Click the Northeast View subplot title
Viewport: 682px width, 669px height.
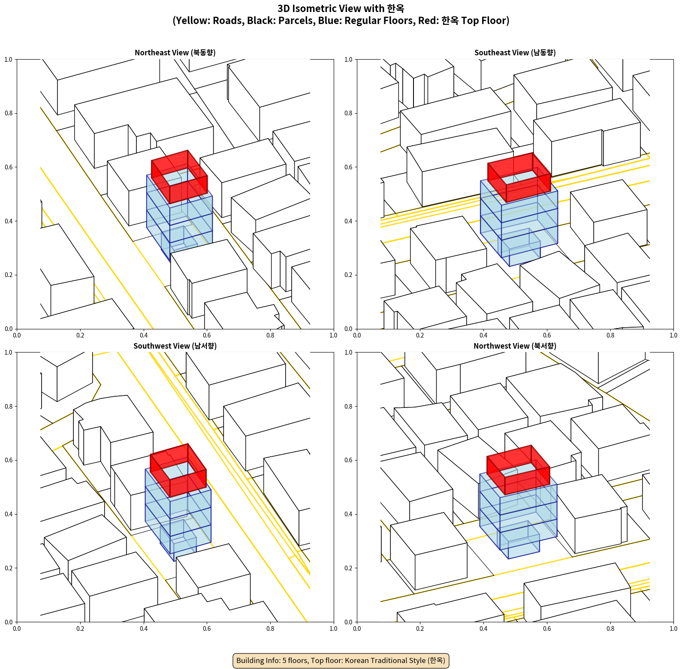coord(175,52)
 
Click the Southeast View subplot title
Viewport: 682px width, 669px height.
coord(515,52)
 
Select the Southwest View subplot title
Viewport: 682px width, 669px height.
coord(175,346)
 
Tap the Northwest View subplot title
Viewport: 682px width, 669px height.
coord(515,346)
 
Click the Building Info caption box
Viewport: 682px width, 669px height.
coord(341,660)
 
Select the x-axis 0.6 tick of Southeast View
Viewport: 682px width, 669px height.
coord(547,335)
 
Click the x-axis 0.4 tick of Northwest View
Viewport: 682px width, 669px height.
coord(483,629)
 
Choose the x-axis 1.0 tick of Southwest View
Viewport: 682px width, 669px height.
coord(333,629)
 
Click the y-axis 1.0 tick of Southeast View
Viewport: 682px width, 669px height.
coord(348,59)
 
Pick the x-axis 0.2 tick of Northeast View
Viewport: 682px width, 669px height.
coord(80,335)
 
